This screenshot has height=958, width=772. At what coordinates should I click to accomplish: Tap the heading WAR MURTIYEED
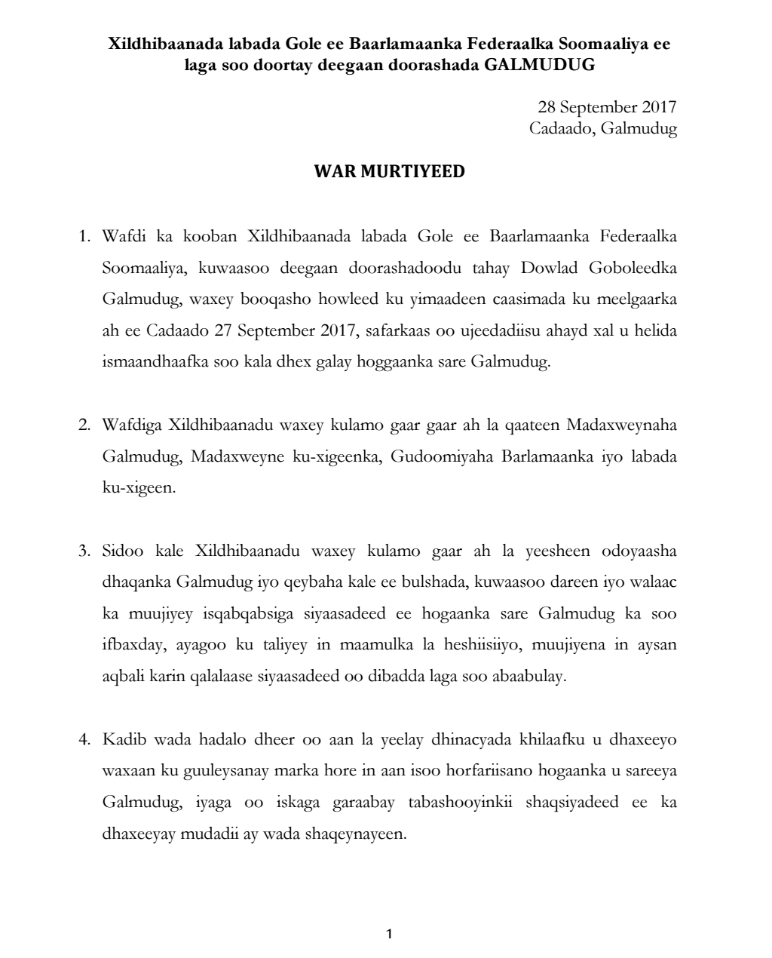tap(389, 171)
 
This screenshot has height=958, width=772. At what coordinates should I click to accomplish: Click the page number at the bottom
tap(389, 934)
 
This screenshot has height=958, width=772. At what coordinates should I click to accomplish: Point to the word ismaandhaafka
tap(151, 362)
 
